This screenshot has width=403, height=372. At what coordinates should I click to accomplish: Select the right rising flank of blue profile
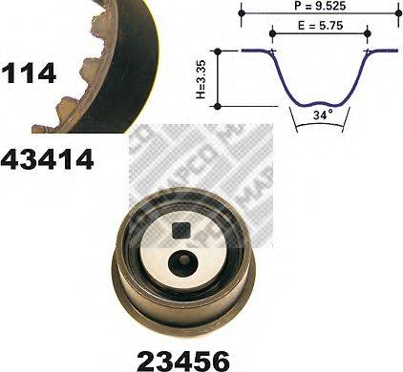357,76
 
